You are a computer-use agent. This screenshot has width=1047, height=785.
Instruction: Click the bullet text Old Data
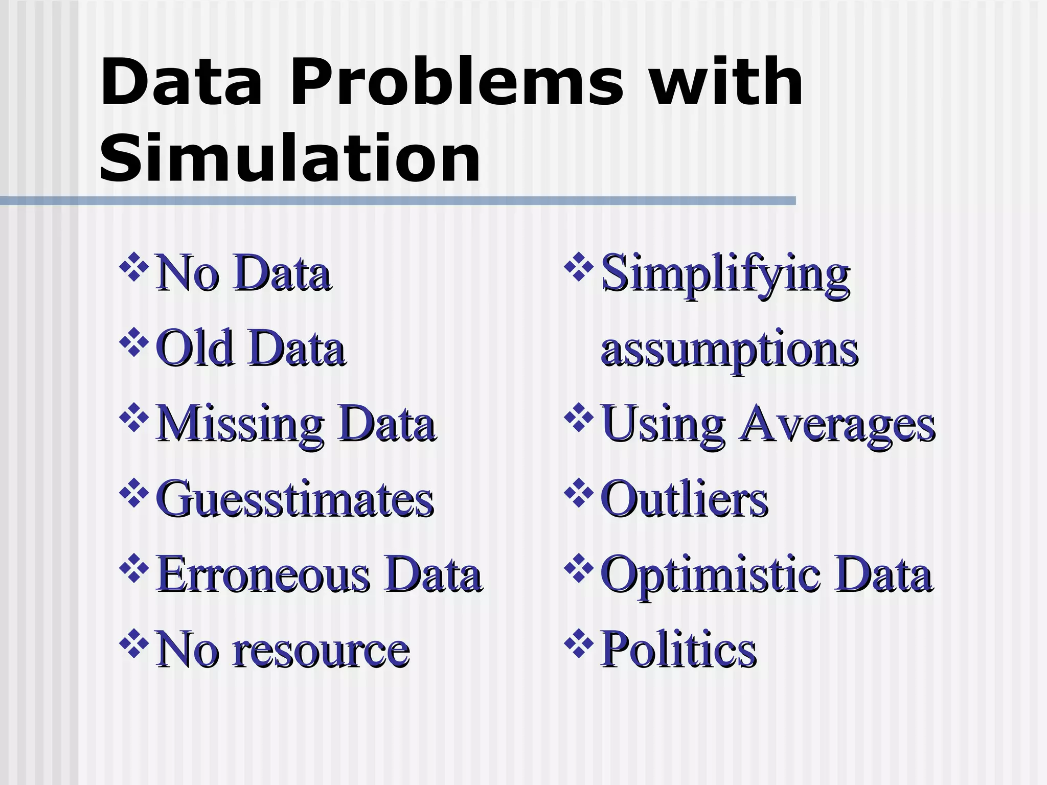coord(250,349)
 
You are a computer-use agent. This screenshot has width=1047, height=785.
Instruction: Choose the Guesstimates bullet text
coord(295,499)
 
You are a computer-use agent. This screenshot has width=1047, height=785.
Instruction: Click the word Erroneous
coord(264,575)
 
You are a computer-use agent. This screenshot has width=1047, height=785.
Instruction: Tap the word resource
coord(321,651)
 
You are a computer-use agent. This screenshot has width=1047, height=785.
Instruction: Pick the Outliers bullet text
coord(684,499)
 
